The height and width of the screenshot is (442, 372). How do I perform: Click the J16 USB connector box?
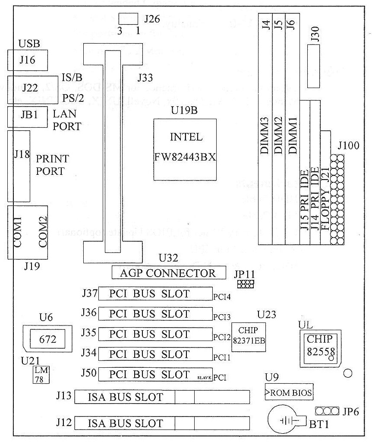[28, 60]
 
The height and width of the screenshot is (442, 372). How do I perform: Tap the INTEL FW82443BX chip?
[186, 149]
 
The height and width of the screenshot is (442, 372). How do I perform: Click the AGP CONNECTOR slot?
[169, 273]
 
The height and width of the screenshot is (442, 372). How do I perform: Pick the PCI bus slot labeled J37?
[155, 294]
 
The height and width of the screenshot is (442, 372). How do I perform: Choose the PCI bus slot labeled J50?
[155, 375]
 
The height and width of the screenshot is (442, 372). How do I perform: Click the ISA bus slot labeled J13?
[162, 397]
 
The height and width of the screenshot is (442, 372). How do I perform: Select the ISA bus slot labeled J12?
[162, 423]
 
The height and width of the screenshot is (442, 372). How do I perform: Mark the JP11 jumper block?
[246, 284]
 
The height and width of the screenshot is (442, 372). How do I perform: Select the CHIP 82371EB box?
[249, 337]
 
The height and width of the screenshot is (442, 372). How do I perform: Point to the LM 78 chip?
[41, 375]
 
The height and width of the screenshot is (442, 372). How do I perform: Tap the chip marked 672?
[47, 339]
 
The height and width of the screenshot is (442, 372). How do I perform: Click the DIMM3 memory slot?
[265, 129]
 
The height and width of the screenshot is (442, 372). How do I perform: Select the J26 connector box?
[129, 19]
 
